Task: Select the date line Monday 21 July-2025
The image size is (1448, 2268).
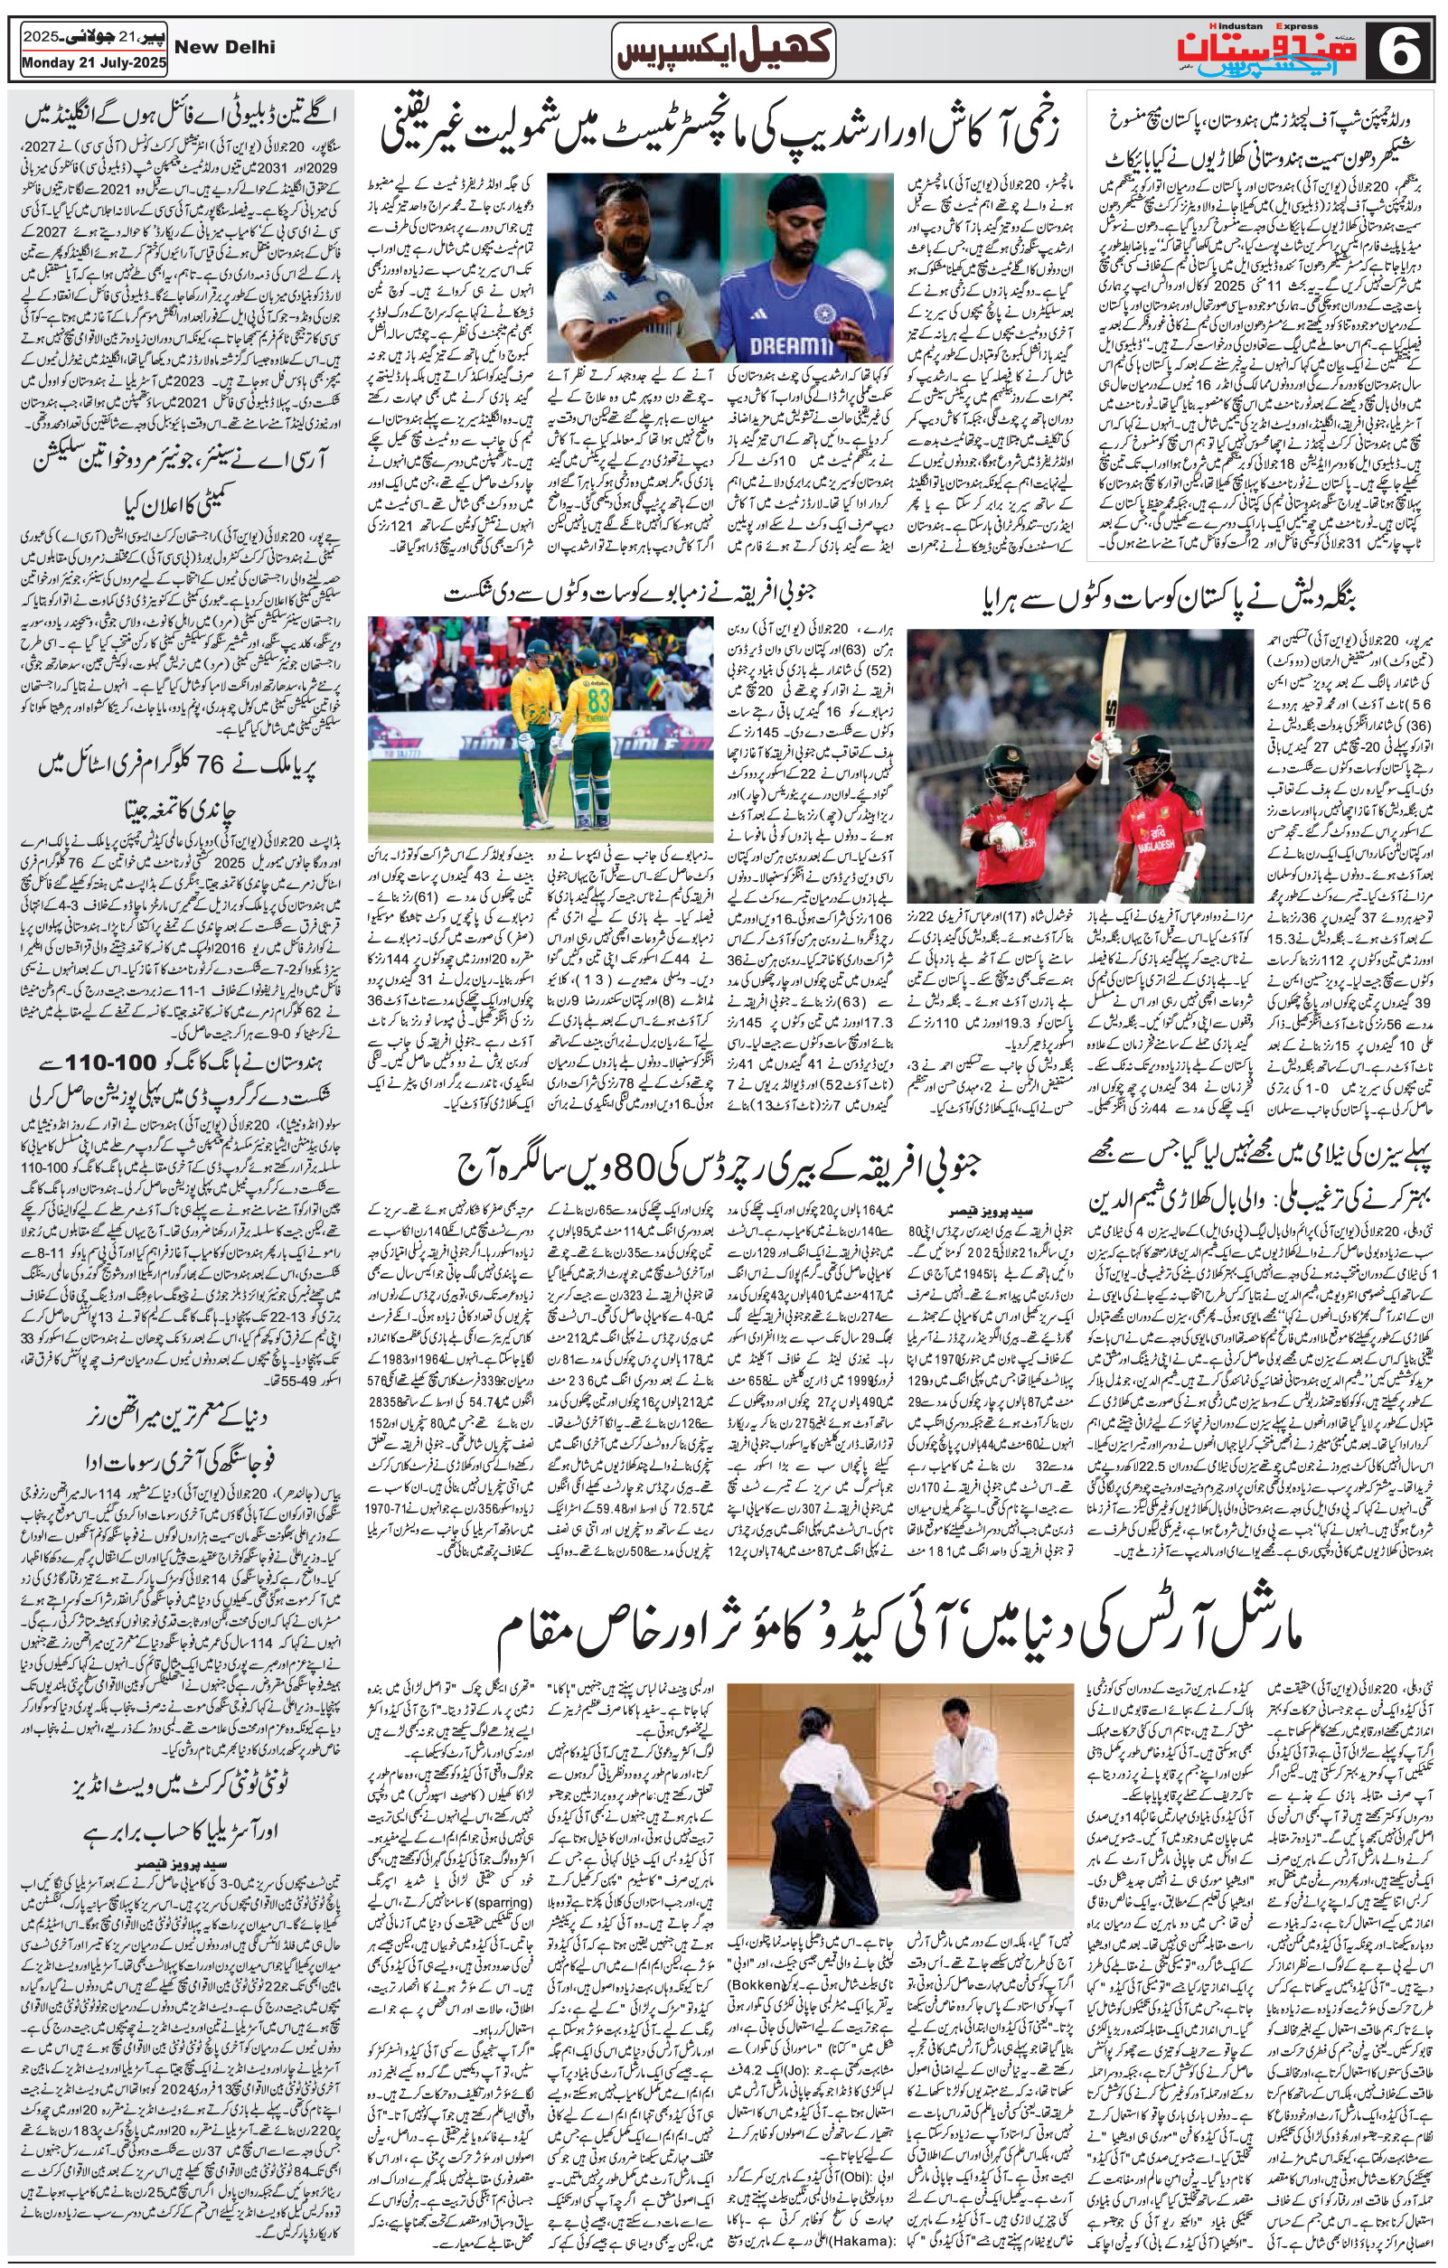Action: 93,65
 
